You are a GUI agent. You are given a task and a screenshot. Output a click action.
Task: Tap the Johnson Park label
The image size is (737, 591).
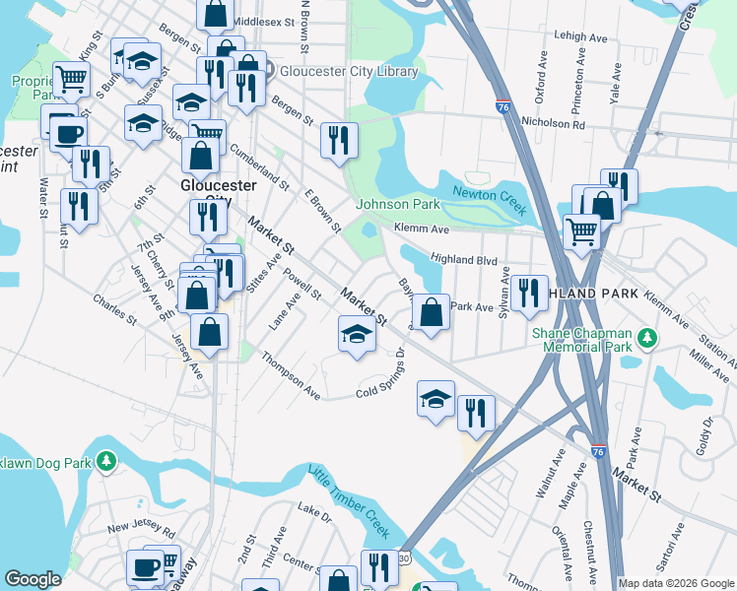(x=397, y=205)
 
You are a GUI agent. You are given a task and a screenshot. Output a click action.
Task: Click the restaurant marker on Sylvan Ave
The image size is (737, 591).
(x=529, y=292)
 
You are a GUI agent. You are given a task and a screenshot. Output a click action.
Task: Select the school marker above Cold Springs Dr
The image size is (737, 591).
(x=357, y=334)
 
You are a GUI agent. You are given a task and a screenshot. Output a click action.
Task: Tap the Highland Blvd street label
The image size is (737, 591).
(x=463, y=259)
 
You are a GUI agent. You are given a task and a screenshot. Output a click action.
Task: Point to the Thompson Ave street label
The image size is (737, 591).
(x=291, y=377)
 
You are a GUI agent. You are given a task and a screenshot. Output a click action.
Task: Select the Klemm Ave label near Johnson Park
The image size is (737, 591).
(x=422, y=230)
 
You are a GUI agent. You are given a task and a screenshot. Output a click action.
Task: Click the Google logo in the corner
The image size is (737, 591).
(x=33, y=578)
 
